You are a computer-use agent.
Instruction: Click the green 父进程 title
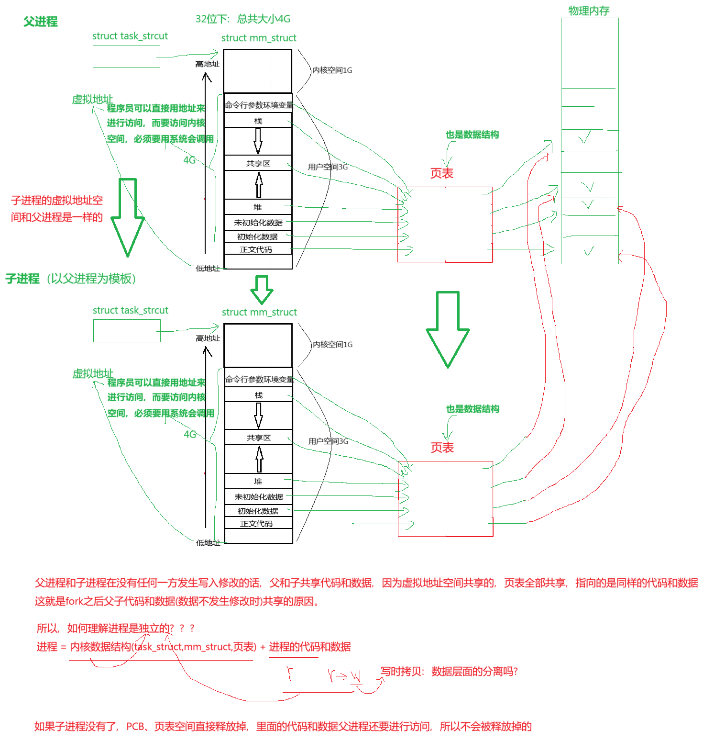point(40,22)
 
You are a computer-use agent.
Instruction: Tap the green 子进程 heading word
point(22,279)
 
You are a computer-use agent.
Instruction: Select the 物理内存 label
point(588,11)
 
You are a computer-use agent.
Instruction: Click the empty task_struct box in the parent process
point(126,56)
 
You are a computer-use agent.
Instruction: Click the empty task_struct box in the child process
point(127,331)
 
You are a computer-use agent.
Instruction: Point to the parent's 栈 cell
point(258,121)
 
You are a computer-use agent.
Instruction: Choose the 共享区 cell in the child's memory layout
point(258,438)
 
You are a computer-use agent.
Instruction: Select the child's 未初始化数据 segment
point(258,497)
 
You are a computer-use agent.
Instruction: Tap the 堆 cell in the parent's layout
point(258,207)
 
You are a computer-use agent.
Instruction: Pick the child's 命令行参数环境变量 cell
point(259,379)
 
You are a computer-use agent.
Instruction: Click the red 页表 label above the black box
point(441,173)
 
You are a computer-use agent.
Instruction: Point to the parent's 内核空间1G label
point(332,70)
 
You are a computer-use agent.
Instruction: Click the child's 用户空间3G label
point(328,441)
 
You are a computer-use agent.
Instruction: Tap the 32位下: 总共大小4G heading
point(243,19)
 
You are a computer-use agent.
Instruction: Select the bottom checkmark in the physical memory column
point(589,251)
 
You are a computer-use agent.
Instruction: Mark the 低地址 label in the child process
point(208,542)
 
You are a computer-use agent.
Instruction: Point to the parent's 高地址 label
point(207,64)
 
